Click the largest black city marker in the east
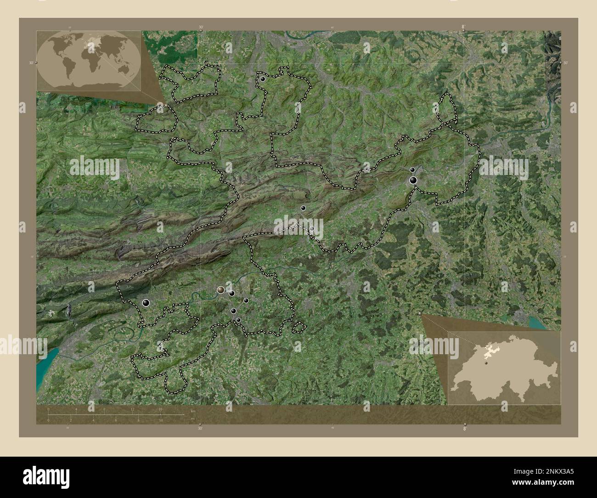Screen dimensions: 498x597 [x=414, y=181]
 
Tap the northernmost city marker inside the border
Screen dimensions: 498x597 [x=262, y=79]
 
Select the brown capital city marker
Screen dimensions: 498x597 [x=220, y=289]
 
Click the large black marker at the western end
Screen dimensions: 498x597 [x=146, y=302]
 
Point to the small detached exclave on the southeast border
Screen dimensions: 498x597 [x=299, y=327]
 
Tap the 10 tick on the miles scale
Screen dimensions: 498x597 [x=161, y=420]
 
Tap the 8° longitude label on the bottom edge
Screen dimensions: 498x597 [x=464, y=428]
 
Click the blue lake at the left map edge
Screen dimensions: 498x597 [x=46, y=363]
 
